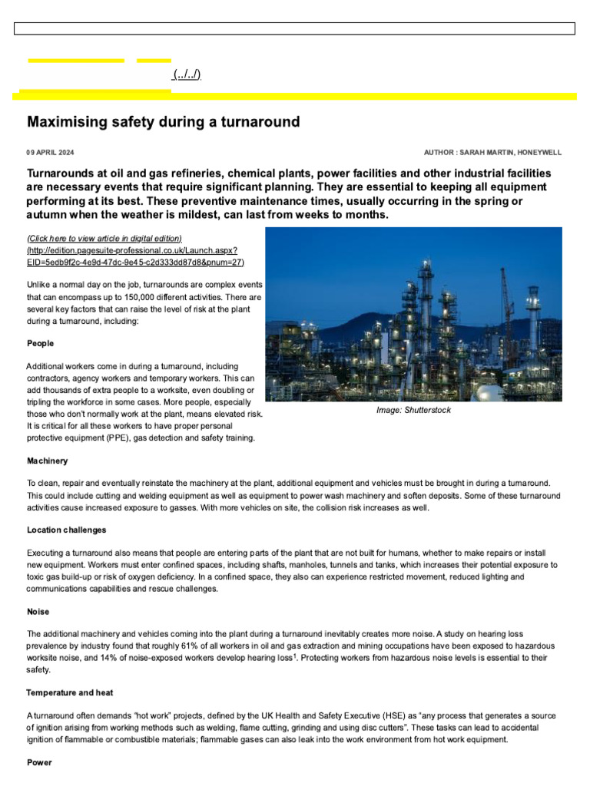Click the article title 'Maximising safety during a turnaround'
[163, 122]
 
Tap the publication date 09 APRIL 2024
[51, 153]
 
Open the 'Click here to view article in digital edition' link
[104, 239]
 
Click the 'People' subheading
[41, 343]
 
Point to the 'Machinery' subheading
[48, 461]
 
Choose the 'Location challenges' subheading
[67, 530]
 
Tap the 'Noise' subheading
[38, 612]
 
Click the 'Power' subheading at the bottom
[39, 762]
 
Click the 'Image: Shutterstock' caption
[413, 411]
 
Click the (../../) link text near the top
[187, 74]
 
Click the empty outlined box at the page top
[294, 29]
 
